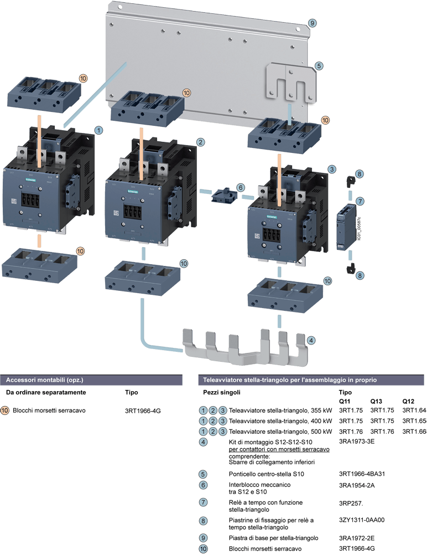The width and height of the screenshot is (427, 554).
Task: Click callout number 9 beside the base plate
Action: [313, 23]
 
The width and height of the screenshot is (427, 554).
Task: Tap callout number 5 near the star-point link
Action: [319, 65]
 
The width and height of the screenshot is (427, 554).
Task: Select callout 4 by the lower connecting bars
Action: [312, 340]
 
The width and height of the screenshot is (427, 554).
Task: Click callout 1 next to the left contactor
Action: [98, 130]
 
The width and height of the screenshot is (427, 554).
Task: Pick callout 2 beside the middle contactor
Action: [201, 142]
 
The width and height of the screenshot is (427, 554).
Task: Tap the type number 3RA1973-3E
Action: [357, 441]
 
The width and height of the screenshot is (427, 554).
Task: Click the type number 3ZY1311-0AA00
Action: [361, 520]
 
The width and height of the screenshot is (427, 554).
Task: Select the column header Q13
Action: [377, 401]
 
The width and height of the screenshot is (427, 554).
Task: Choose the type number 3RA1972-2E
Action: [357, 538]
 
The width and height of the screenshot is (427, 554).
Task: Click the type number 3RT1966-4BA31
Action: [361, 474]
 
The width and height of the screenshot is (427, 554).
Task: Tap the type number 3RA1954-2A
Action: [357, 485]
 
